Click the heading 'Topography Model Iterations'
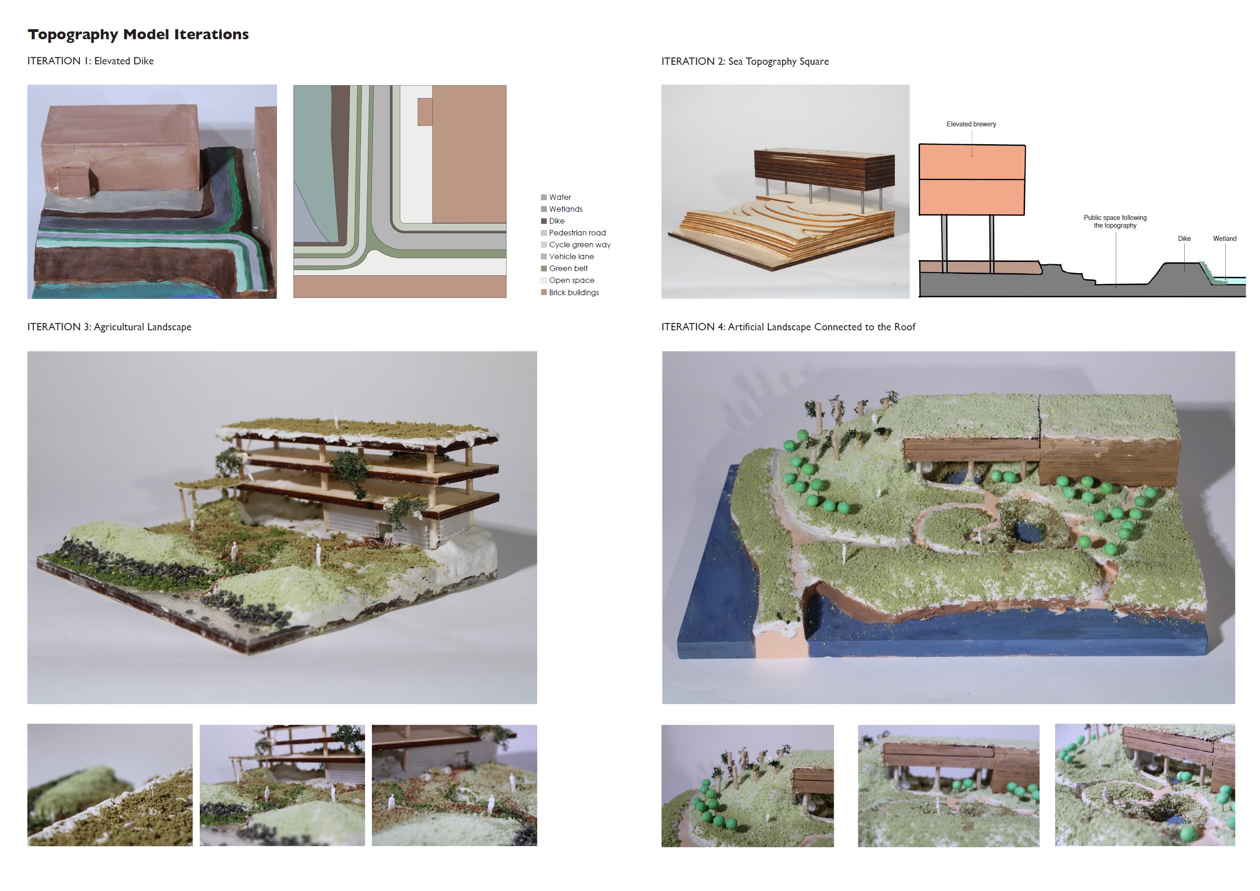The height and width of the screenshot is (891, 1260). tap(138, 35)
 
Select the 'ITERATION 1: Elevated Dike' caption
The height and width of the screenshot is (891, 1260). tap(90, 61)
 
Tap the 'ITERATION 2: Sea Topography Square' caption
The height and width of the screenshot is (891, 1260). tap(745, 62)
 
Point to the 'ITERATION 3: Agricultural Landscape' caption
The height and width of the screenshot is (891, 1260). tap(109, 327)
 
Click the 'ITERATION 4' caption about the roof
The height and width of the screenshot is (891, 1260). tap(788, 327)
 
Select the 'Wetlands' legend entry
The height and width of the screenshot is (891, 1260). tap(565, 209)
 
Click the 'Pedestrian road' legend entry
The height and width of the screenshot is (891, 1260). tap(577, 233)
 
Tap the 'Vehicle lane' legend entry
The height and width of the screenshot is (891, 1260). tap(571, 257)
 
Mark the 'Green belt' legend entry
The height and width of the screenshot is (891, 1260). tap(568, 269)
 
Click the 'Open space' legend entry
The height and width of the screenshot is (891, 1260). tap(571, 281)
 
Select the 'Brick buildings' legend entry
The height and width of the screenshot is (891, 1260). tap(574, 293)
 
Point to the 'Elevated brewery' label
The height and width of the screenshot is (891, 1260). tap(971, 125)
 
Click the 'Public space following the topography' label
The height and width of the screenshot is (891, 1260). tap(1114, 222)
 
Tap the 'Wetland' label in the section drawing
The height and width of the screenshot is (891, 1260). tap(1224, 239)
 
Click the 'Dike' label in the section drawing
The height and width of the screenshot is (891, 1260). tap(1184, 239)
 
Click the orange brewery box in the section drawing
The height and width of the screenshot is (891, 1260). tap(971, 180)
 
